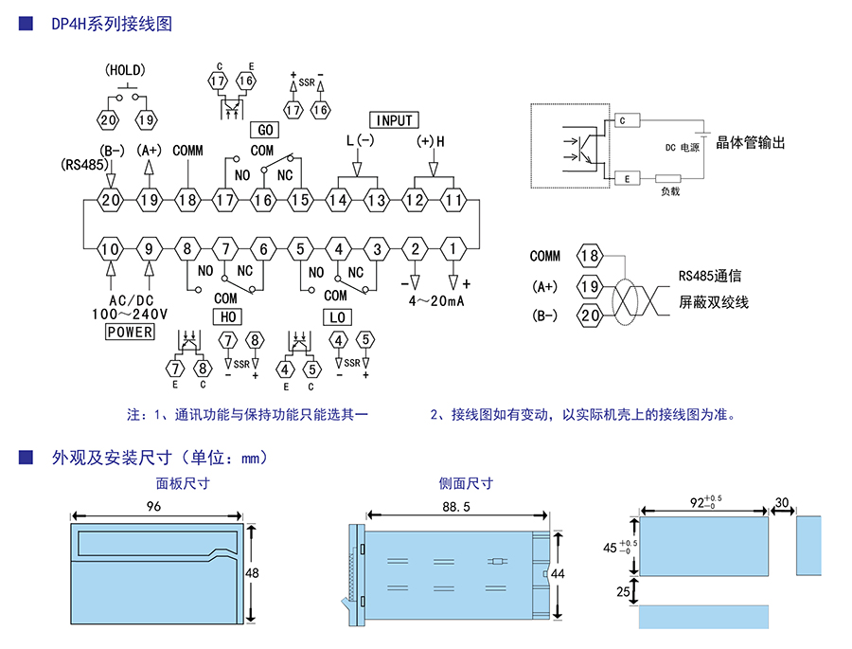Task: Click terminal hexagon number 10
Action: [x=112, y=249]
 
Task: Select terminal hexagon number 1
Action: [x=453, y=249]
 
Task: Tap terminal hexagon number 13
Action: [x=377, y=200]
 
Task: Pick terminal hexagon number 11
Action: [x=453, y=200]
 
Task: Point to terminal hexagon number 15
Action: [x=300, y=200]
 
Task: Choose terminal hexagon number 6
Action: [x=262, y=249]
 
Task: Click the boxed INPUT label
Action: [x=395, y=120]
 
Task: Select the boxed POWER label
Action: [x=130, y=332]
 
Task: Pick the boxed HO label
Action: [x=228, y=316]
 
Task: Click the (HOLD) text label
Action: [x=125, y=70]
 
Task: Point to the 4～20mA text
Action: [x=436, y=300]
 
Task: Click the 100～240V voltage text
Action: [x=130, y=314]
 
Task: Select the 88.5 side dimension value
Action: [x=455, y=508]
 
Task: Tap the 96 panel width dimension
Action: [x=154, y=507]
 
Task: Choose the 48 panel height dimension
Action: [x=252, y=573]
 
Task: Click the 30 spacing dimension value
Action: [x=782, y=502]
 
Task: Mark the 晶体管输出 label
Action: [x=751, y=143]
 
